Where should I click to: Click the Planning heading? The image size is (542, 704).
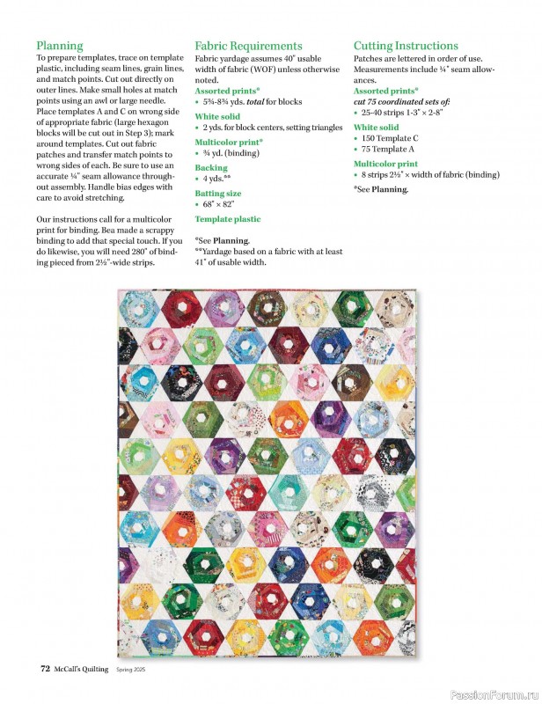[60, 46]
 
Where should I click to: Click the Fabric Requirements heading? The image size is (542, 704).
[248, 46]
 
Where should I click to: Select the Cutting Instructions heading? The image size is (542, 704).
[406, 46]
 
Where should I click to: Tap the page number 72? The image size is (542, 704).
[45, 669]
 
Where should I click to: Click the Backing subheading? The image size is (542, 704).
[211, 167]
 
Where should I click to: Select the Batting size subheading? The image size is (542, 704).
[218, 193]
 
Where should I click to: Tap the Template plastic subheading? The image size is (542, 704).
[228, 218]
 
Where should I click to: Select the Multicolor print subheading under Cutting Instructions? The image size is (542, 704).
[385, 164]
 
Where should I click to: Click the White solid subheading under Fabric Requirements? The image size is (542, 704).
[217, 116]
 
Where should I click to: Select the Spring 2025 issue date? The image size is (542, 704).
[135, 670]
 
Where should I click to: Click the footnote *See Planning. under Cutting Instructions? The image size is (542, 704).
[381, 188]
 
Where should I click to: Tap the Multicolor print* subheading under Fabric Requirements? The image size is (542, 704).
[229, 142]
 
